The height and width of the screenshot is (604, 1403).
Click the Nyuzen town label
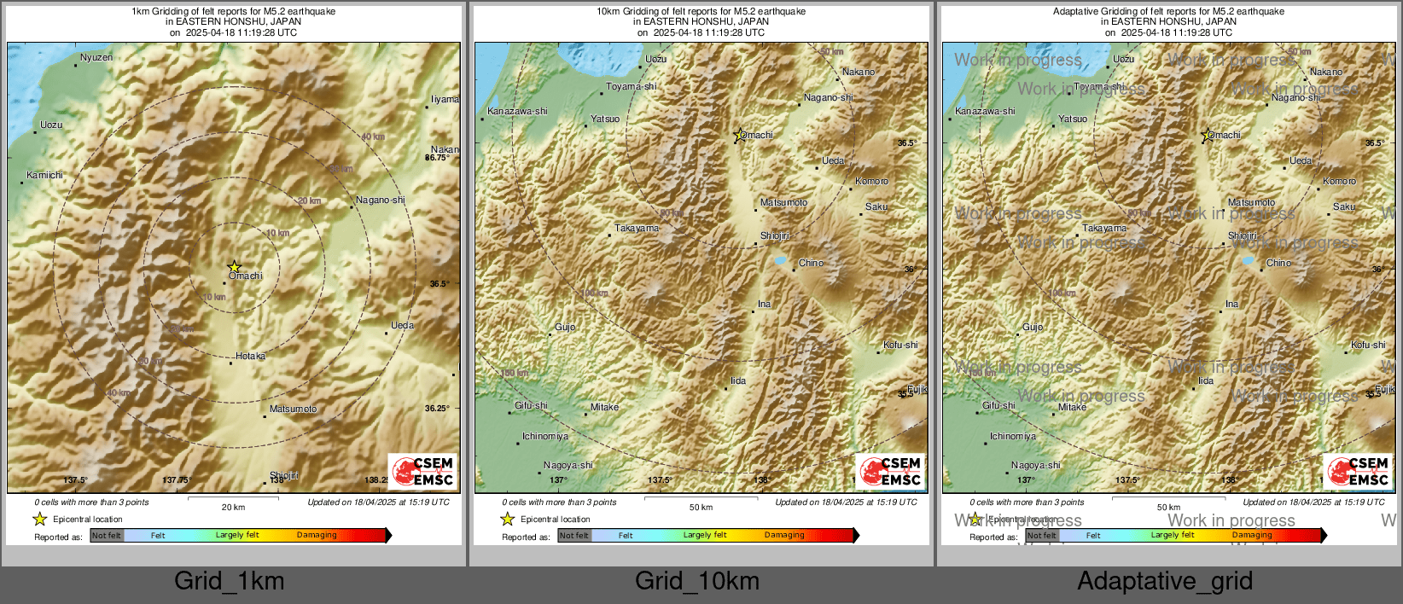pos(96,58)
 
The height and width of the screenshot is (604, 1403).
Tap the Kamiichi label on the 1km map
pos(44,175)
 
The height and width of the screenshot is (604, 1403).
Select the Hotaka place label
pos(250,356)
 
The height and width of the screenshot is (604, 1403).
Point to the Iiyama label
pos(444,99)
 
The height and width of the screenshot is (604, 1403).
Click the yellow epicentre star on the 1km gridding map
pos(234,267)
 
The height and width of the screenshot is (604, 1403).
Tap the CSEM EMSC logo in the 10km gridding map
pos(891,471)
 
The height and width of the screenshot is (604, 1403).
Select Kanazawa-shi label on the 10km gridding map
pos(517,111)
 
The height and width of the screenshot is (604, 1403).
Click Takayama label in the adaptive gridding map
pos(1104,228)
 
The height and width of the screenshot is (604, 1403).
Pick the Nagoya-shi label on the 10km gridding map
pos(568,465)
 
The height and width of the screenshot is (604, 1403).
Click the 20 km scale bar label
pos(233,507)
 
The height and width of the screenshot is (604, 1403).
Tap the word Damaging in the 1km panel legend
pos(317,535)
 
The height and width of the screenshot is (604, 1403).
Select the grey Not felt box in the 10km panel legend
pos(574,536)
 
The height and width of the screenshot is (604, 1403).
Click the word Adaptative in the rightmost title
pos(1078,11)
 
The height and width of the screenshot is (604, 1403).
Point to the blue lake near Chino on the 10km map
pos(780,260)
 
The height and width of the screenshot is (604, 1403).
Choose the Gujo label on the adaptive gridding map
pos(1033,327)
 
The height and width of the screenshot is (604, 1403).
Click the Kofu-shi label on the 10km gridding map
pos(900,345)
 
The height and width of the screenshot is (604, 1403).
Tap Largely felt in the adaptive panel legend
pos(1173,535)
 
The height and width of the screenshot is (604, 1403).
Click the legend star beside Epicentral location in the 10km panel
pos(508,519)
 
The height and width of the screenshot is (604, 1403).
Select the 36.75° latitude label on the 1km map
pos(437,158)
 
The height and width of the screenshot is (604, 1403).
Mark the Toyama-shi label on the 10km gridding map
pos(632,86)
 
